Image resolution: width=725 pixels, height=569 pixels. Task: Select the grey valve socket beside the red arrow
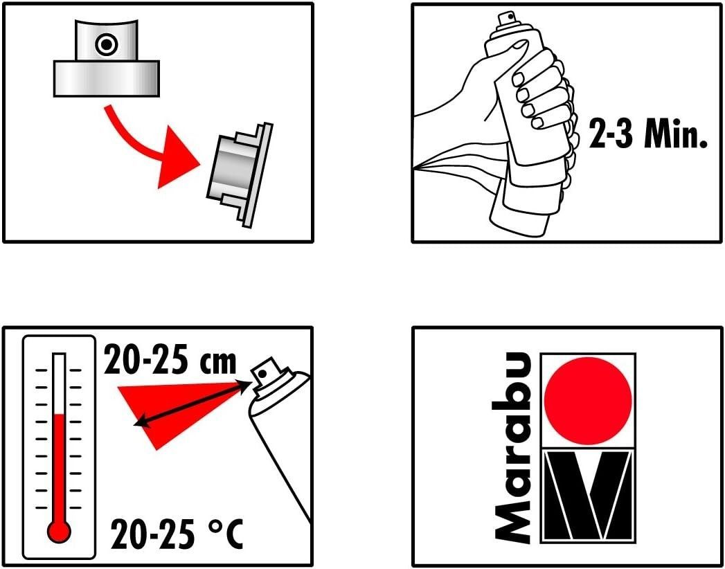[x=240, y=174]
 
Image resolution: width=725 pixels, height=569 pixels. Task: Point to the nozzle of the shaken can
[x=505, y=18]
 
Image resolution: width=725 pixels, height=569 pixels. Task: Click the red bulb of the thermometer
[x=59, y=532]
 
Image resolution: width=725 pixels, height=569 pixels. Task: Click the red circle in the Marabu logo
[x=588, y=401]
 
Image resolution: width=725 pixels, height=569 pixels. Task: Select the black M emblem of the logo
[x=588, y=496]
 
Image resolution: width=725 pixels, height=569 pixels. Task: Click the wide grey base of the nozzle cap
[x=107, y=79]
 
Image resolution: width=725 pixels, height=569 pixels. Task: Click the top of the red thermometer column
[x=59, y=415]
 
